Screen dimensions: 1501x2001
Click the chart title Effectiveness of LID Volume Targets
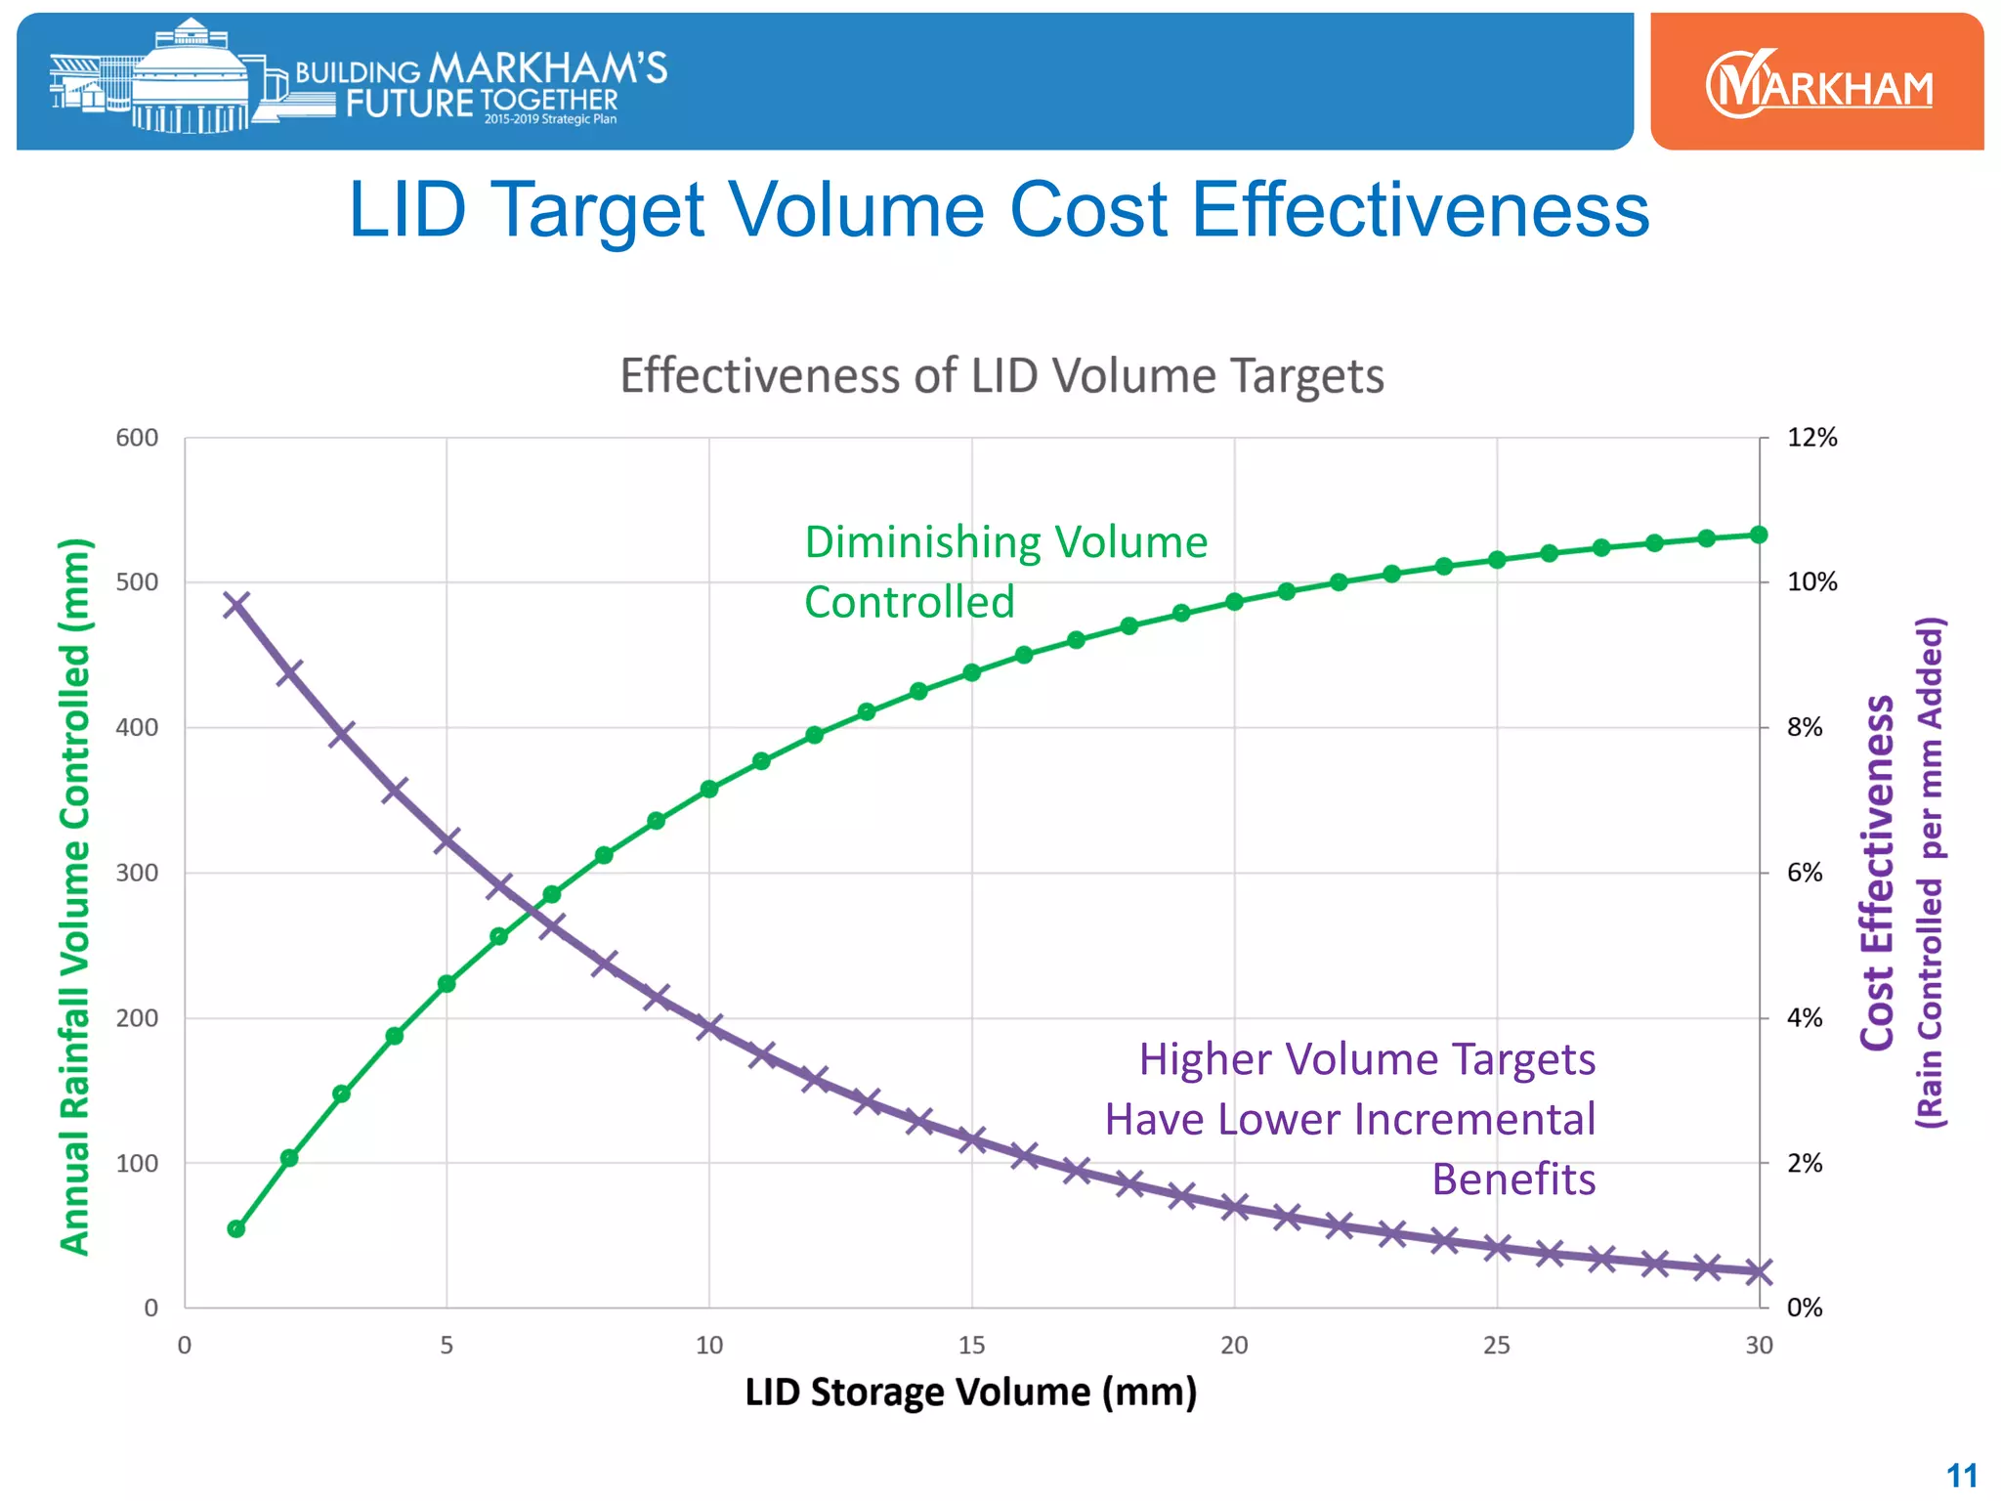pos(1001,375)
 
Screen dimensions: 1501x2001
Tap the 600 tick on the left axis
pos(137,438)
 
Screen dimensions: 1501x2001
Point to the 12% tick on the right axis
pos(1811,438)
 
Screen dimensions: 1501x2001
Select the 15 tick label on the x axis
pos(971,1346)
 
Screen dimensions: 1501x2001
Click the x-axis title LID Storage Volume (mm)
pos(970,1392)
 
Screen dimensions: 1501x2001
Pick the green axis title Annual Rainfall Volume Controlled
pos(75,896)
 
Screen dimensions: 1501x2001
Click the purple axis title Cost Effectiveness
pos(1877,873)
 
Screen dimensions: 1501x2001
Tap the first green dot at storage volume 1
pos(236,1228)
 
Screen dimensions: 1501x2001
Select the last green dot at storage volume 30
pos(1759,535)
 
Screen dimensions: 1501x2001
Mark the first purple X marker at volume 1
pos(236,604)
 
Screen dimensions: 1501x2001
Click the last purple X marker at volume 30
pos(1759,1271)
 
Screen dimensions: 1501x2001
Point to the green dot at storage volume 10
pos(709,790)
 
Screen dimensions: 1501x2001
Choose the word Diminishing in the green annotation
pos(915,542)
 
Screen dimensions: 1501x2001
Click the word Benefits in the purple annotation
pos(1513,1179)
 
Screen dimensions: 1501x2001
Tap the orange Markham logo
pos(1817,83)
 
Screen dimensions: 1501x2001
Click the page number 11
pos(1961,1475)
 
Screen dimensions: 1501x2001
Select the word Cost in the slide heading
pos(1087,209)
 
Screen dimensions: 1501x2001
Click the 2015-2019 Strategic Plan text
pos(550,119)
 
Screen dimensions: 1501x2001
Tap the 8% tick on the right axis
pos(1805,727)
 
